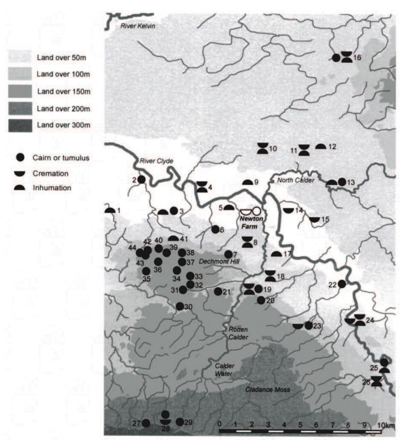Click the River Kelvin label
pyautogui.click(x=138, y=26)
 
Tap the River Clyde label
pyautogui.click(x=156, y=161)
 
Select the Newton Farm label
pyautogui.click(x=251, y=223)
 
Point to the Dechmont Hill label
pyautogui.click(x=219, y=261)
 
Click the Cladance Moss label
pyautogui.click(x=267, y=390)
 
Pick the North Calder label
pyautogui.click(x=296, y=180)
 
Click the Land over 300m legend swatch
pyautogui.click(x=20, y=125)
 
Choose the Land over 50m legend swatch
pyautogui.click(x=20, y=57)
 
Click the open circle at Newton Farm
pyautogui.click(x=256, y=211)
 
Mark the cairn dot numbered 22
pyautogui.click(x=342, y=284)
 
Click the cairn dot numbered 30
pyautogui.click(x=180, y=306)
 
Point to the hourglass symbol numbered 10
pyautogui.click(x=263, y=148)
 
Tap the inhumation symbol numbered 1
pyautogui.click(x=110, y=211)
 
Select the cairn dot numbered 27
pyautogui.click(x=146, y=423)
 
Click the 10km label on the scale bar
pyautogui.click(x=386, y=425)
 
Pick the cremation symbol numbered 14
pyautogui.click(x=288, y=210)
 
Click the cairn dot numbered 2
pyautogui.click(x=141, y=180)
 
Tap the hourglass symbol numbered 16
pyautogui.click(x=347, y=57)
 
